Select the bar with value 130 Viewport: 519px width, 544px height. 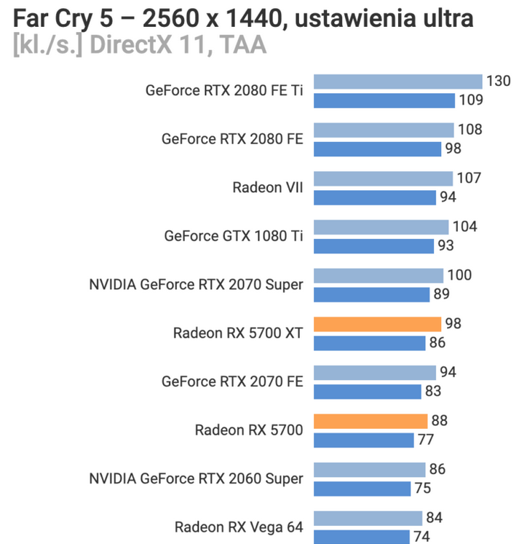click(x=398, y=82)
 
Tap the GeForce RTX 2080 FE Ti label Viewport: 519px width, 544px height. click(x=224, y=90)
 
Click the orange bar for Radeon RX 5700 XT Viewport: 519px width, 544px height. click(x=377, y=324)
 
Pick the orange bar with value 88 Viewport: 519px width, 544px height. click(x=371, y=421)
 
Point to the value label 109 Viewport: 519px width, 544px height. click(x=471, y=100)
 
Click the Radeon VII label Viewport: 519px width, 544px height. click(x=267, y=187)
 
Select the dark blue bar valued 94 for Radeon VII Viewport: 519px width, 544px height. click(x=375, y=197)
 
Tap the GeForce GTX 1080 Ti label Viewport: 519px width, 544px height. click(x=234, y=236)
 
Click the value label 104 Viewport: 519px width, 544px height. click(x=464, y=226)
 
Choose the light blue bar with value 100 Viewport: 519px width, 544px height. click(x=379, y=275)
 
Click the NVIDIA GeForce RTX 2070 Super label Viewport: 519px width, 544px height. click(x=196, y=285)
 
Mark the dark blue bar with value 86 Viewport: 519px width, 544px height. click(x=370, y=343)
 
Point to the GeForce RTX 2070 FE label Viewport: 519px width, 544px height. click(x=232, y=382)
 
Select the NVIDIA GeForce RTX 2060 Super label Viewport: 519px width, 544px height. click(x=196, y=478)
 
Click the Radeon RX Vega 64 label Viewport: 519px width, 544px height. click(x=239, y=527)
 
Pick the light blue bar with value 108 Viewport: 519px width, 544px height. click(x=384, y=130)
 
